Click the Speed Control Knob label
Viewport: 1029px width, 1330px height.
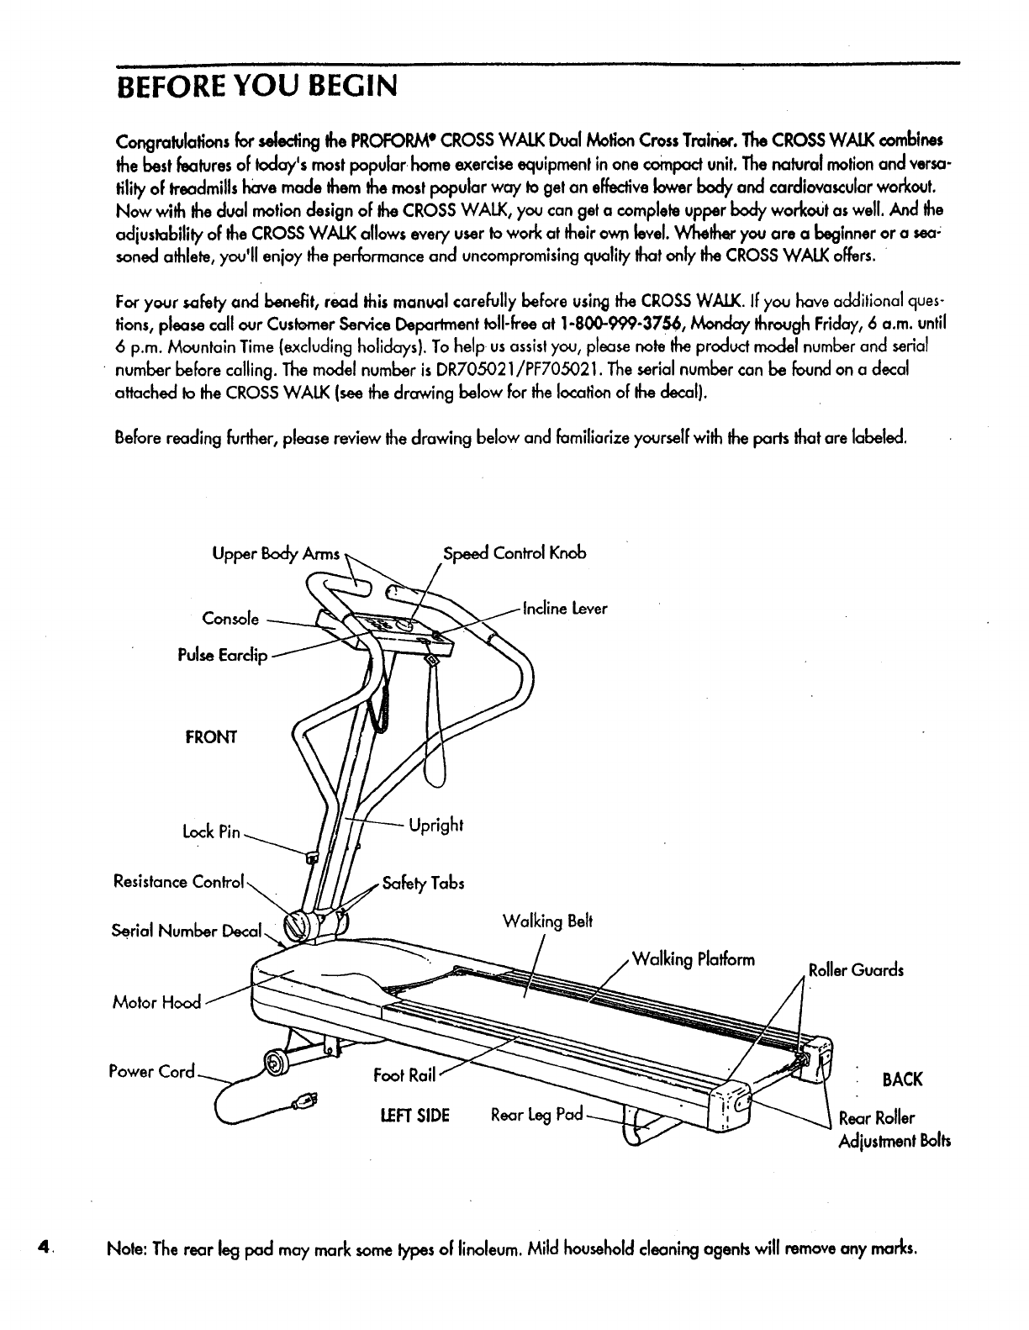click(514, 552)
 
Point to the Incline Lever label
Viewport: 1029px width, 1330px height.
click(565, 608)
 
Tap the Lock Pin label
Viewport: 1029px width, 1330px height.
click(211, 832)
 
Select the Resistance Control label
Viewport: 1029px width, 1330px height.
click(178, 882)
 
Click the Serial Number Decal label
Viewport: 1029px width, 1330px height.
click(187, 931)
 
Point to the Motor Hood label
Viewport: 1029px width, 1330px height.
click(157, 1001)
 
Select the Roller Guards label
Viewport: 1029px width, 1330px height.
click(856, 969)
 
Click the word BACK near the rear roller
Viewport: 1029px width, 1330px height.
click(902, 1079)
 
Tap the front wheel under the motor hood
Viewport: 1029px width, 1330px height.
click(274, 1063)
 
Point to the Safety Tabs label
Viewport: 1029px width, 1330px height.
click(423, 884)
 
